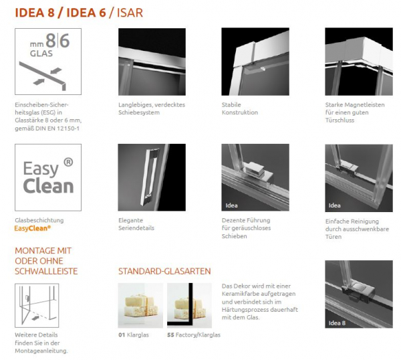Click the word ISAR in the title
click(130, 13)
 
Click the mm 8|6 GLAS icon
click(48, 62)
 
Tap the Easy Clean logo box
click(48, 177)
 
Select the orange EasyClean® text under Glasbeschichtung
click(33, 228)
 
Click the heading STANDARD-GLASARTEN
click(164, 271)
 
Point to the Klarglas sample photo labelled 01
click(140, 305)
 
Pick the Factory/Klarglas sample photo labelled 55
click(190, 305)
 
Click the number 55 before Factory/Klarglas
click(170, 335)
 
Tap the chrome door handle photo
click(152, 177)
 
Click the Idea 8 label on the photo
click(337, 323)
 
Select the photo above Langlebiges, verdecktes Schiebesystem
click(152, 62)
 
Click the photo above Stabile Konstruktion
click(255, 62)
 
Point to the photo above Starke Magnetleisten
click(359, 62)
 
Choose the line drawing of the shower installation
click(37, 305)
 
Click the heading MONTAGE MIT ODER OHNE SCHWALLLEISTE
click(46, 261)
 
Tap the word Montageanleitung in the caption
click(41, 351)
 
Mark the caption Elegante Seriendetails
click(136, 224)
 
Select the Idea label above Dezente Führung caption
click(231, 205)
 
